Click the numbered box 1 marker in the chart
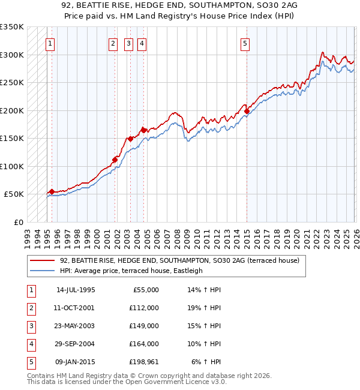(50, 43)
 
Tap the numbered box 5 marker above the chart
(245, 43)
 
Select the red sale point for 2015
(247, 111)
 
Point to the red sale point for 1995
(52, 191)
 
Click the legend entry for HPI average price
(131, 271)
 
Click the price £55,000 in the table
(145, 289)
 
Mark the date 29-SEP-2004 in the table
(76, 344)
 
